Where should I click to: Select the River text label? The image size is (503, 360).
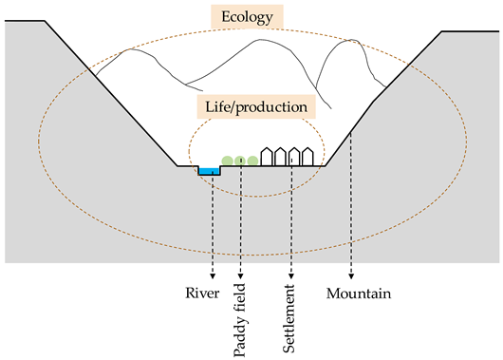pyautogui.click(x=202, y=292)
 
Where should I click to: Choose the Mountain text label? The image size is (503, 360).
pyautogui.click(x=358, y=293)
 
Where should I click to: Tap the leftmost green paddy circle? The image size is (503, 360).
pyautogui.click(x=227, y=161)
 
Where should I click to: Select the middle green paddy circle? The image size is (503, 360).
pyautogui.click(x=240, y=161)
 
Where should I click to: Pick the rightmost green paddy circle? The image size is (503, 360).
pyautogui.click(x=252, y=161)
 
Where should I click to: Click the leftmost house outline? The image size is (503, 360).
pyautogui.click(x=268, y=157)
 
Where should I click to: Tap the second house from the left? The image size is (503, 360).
pyautogui.click(x=281, y=157)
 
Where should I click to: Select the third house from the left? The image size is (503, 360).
pyautogui.click(x=294, y=157)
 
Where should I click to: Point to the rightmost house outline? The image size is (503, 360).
pyautogui.click(x=307, y=157)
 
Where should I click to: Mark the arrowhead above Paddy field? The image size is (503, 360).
pyautogui.click(x=241, y=274)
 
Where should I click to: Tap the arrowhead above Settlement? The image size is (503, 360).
pyautogui.click(x=290, y=274)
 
